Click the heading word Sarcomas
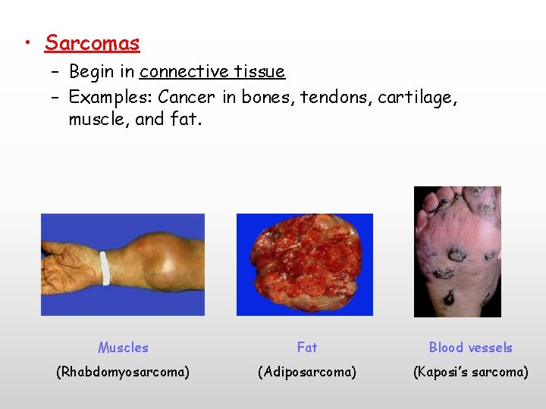[x=92, y=43]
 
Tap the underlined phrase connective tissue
[x=212, y=72]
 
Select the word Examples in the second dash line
[x=109, y=98]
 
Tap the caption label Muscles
[x=123, y=348]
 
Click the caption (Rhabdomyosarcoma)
[x=123, y=372]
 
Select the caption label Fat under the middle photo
[x=307, y=348]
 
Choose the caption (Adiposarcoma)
[x=307, y=372]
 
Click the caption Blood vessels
[x=470, y=348]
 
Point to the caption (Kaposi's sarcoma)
[x=470, y=372]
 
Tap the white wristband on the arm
[x=105, y=267]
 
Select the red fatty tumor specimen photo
[x=305, y=264]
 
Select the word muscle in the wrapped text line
[x=98, y=120]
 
